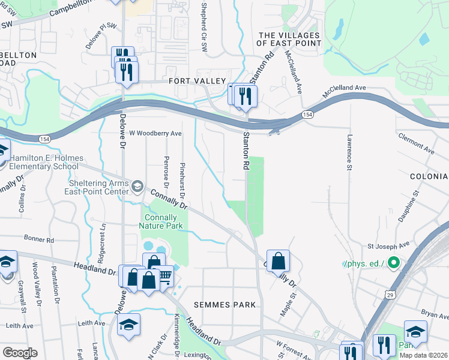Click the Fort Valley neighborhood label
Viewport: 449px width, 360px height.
[197, 81]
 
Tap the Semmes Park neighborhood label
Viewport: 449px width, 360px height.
[226, 305]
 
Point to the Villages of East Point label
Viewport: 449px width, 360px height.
[289, 40]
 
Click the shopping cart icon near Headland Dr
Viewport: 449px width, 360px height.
[164, 276]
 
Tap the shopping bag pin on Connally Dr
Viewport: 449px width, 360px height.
[278, 261]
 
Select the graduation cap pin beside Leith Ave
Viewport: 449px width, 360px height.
[128, 325]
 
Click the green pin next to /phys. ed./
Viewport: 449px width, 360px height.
[393, 263]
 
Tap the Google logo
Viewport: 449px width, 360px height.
[19, 353]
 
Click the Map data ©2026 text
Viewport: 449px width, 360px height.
[423, 355]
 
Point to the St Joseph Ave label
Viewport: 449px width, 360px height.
[388, 245]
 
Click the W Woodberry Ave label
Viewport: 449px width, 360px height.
[155, 133]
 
